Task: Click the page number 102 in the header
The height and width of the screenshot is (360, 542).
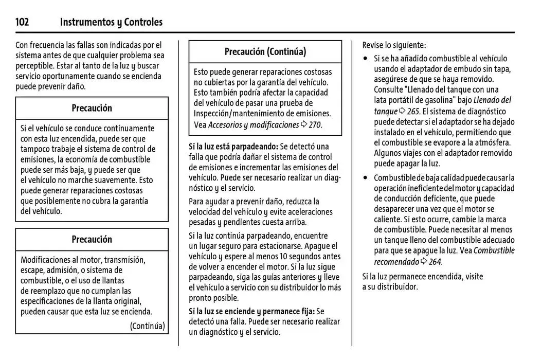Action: tap(22, 22)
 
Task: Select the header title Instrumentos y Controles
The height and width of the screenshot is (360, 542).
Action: tap(111, 22)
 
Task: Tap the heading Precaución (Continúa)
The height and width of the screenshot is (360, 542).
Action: tap(265, 51)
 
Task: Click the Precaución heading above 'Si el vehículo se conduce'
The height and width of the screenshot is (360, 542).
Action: tap(92, 108)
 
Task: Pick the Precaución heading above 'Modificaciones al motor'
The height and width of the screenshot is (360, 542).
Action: tap(92, 239)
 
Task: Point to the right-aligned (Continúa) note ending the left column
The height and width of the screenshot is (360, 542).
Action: tap(147, 326)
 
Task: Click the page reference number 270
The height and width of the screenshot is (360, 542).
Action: tap(315, 125)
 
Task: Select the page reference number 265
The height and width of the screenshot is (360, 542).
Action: tap(413, 112)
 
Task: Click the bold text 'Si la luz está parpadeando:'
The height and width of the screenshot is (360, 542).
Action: tap(233, 147)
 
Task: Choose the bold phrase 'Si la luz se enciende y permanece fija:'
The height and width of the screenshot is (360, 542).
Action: tap(251, 311)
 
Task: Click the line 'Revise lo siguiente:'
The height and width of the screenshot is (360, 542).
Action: tap(394, 45)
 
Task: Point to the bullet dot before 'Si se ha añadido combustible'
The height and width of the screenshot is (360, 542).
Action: tap(365, 59)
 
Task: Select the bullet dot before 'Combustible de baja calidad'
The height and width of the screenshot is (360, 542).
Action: tap(365, 178)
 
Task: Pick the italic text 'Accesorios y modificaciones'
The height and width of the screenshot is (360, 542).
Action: tap(253, 125)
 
